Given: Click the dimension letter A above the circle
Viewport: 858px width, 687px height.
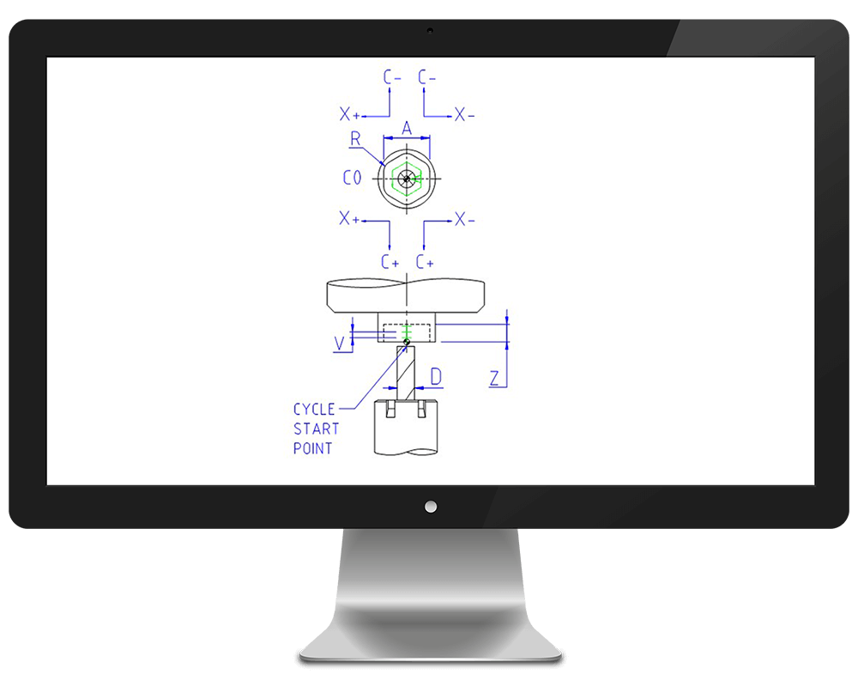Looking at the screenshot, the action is click(407, 128).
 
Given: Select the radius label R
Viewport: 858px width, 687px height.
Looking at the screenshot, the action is click(356, 138).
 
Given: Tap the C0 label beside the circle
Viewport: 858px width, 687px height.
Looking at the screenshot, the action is click(353, 178).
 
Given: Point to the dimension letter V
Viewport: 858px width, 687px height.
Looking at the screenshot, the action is click(339, 343).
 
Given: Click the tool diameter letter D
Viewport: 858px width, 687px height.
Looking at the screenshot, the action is click(436, 376).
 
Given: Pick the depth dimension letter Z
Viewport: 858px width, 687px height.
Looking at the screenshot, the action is click(495, 378).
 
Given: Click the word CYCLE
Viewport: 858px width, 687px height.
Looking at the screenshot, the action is click(314, 410).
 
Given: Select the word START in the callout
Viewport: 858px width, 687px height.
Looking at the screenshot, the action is click(317, 429).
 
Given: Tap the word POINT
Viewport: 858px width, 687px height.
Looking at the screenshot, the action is click(313, 448).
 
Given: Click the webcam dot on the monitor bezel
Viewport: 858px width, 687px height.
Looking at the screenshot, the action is click(430, 31).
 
